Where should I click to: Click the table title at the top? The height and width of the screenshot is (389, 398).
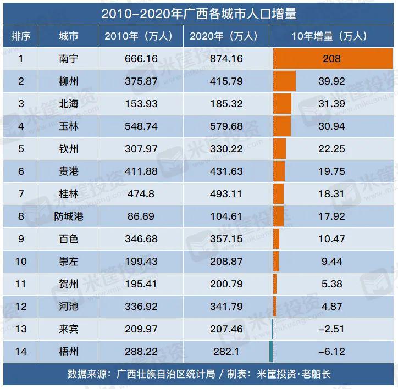[x=199, y=13]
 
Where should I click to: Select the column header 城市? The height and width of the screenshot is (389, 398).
[x=68, y=36]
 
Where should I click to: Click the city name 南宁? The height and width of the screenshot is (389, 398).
[x=68, y=59]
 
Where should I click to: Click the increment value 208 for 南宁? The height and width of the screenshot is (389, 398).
[x=332, y=59]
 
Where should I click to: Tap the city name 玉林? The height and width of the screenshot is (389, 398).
[x=68, y=126]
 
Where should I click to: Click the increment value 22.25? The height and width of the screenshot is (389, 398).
[x=331, y=149]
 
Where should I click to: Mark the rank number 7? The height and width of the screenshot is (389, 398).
[x=21, y=194]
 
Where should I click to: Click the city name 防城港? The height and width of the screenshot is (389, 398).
[x=68, y=216]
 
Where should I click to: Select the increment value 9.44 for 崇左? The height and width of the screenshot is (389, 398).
[x=331, y=262]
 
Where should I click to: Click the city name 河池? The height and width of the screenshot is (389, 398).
[x=68, y=307]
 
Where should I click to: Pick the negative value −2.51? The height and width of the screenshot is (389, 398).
[x=331, y=329]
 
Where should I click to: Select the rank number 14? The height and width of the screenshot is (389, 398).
[x=21, y=352]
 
